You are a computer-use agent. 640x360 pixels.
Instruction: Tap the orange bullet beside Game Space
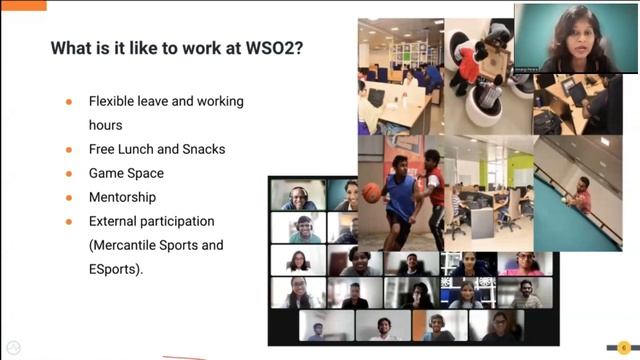point(69,174)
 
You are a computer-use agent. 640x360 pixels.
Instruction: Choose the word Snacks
point(204,149)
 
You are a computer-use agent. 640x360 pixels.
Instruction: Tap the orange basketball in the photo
point(372,192)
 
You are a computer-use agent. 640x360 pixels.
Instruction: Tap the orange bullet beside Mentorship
point(69,198)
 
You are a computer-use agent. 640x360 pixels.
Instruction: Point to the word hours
point(105,125)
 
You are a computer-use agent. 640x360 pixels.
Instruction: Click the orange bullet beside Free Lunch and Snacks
point(69,150)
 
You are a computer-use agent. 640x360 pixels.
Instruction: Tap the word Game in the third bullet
point(107,173)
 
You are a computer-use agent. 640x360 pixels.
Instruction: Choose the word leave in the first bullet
point(162,101)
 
